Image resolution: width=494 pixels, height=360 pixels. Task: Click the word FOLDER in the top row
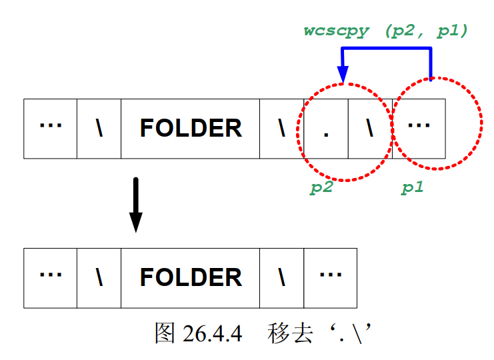click(190, 128)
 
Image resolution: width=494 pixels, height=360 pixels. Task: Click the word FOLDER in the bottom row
click(190, 277)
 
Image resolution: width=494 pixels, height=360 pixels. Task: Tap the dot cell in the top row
click(326, 129)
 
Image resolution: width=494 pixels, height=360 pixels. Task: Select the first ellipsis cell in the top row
click(50, 128)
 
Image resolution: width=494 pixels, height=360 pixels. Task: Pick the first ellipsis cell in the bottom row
click(50, 277)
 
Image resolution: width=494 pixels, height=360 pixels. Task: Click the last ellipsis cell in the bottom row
click(330, 277)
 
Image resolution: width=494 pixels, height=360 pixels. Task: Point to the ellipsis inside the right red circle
click(419, 127)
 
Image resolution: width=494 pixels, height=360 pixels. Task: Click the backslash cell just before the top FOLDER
click(99, 128)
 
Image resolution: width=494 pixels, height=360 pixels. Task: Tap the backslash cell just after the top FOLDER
click(281, 128)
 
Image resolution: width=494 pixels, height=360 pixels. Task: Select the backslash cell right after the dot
click(369, 128)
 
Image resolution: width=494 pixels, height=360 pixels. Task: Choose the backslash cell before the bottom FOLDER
click(99, 277)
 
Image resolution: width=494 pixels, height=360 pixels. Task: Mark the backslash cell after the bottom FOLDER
click(281, 277)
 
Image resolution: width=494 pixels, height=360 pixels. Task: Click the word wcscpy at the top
click(336, 31)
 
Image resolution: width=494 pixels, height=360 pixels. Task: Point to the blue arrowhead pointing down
click(343, 75)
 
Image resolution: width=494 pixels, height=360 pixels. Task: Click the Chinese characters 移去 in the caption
click(291, 332)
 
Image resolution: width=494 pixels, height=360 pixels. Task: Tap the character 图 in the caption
click(165, 332)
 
